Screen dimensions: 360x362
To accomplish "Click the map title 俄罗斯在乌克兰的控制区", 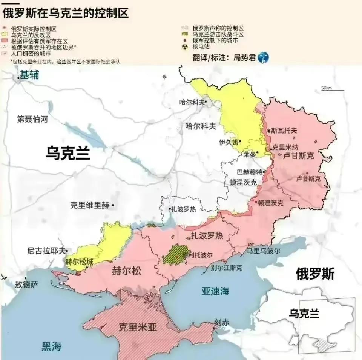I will point(65,14).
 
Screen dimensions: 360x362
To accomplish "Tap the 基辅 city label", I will point(29,75).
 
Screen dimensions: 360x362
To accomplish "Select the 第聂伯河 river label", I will point(33,120).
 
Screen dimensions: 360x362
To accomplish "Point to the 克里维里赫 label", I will point(90,206).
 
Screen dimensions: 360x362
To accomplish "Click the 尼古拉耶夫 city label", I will point(46,250).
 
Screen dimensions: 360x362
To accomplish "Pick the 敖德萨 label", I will point(26,284).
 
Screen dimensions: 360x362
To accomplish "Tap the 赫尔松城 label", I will point(79,262).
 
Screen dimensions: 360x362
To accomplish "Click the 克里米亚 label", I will point(137,327).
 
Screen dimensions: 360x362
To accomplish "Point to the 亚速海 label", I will point(215,291).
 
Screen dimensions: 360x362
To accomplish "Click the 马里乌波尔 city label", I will point(263,251).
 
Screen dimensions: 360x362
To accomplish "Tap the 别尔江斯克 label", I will point(227,268).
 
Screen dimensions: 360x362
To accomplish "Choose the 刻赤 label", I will point(221,323).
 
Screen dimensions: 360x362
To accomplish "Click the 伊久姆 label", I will point(229,142).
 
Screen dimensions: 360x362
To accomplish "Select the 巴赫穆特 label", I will point(249,172).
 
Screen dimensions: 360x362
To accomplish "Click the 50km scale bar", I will point(331,89).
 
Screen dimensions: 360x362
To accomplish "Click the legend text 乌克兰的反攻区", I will point(31,35).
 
